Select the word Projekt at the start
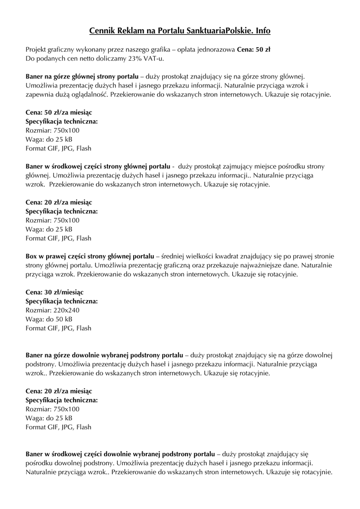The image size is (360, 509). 37,50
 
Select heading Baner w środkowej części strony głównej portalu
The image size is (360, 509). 98,166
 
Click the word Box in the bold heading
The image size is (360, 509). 31,256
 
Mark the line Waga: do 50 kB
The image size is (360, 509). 49,319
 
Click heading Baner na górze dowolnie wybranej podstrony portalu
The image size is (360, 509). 104,355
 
